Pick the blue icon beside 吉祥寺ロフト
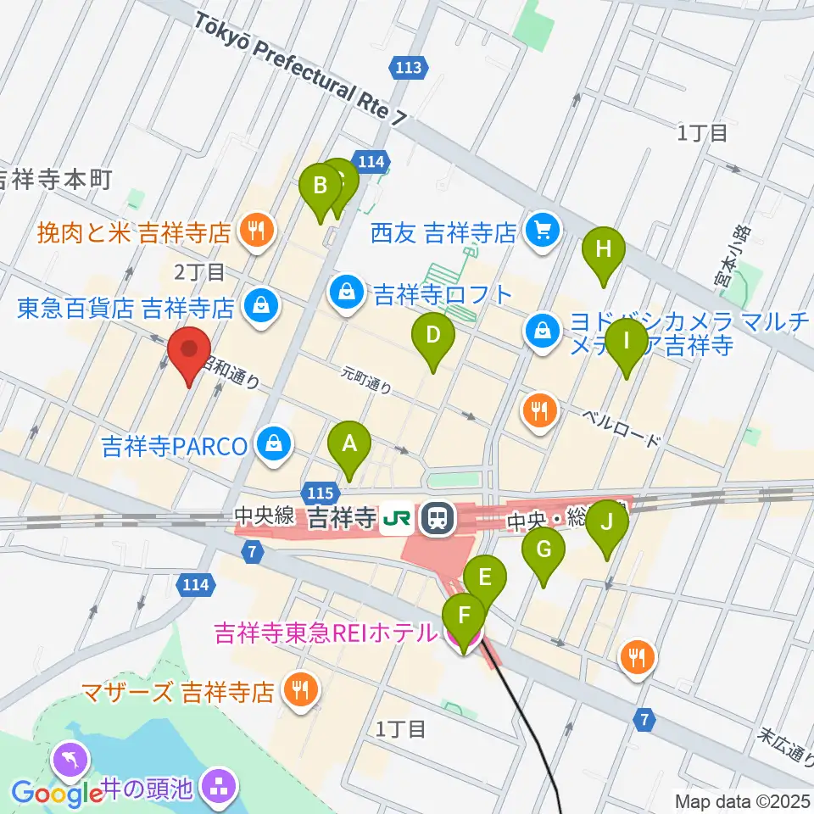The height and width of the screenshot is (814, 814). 346,294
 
